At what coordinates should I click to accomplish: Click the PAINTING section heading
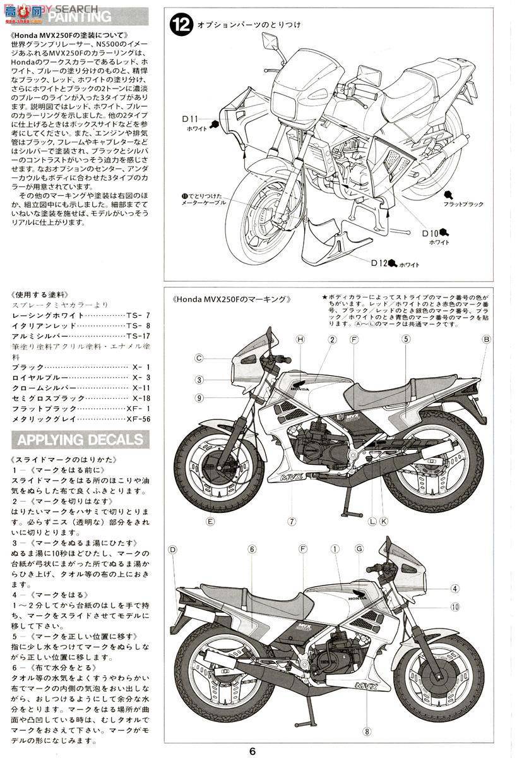click(x=79, y=16)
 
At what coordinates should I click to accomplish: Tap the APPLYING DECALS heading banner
click(x=79, y=439)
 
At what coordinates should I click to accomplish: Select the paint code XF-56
click(x=138, y=419)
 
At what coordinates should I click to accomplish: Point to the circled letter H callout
click(x=300, y=340)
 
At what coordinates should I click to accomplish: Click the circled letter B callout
click(x=487, y=340)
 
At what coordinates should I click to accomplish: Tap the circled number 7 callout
click(x=292, y=521)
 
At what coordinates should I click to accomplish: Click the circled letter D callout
click(x=172, y=550)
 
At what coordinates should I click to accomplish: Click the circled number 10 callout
click(x=455, y=608)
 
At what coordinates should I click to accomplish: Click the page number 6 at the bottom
click(x=253, y=751)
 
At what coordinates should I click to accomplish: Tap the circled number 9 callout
click(x=199, y=398)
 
